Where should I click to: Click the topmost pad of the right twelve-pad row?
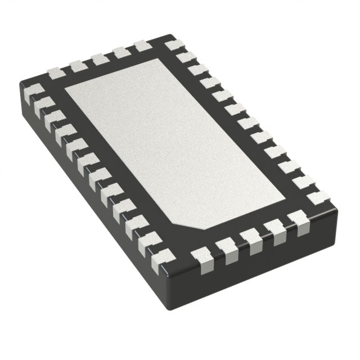(x=172, y=44)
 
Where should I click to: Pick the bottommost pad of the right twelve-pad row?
(x=318, y=197)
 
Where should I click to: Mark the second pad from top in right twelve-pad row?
(x=186, y=57)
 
